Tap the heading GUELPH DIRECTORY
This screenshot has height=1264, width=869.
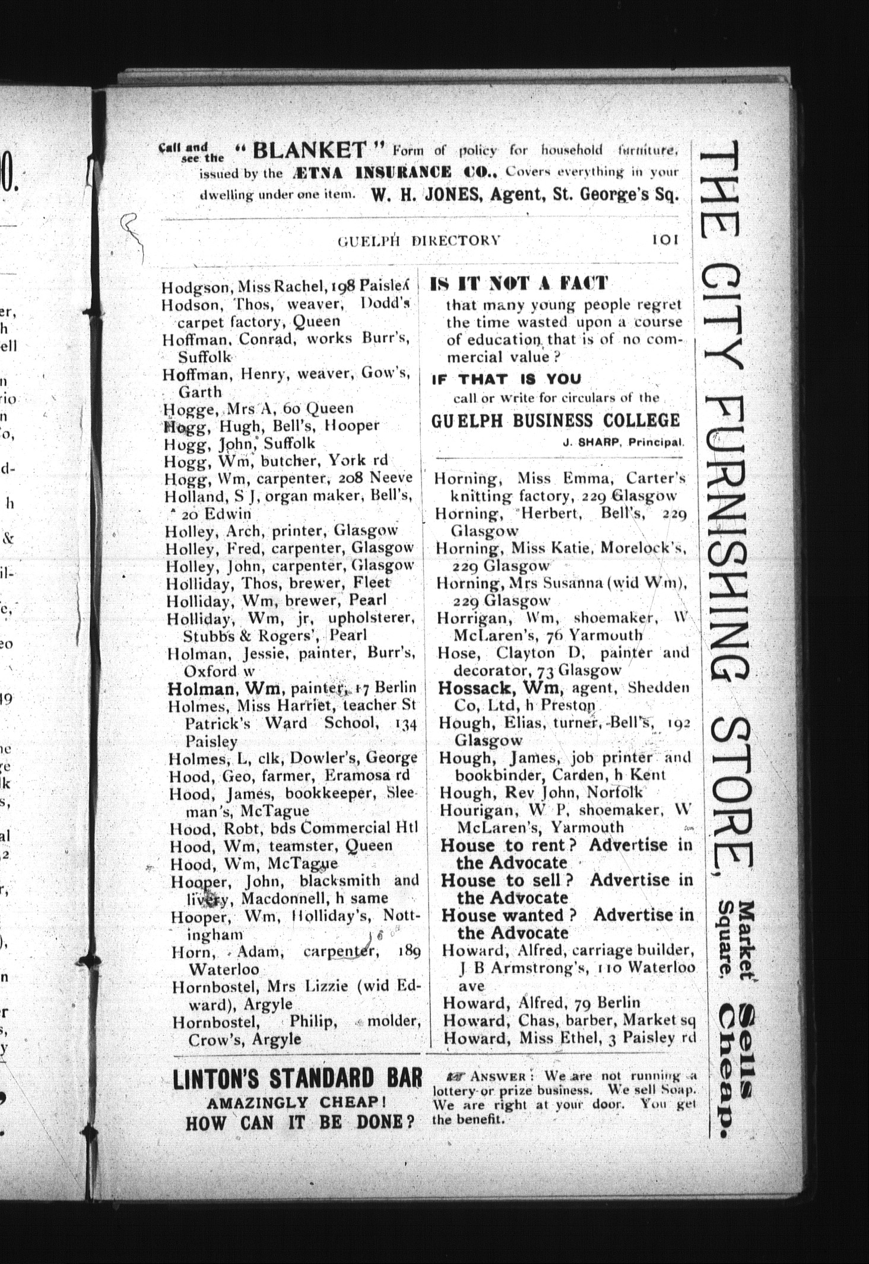click(419, 241)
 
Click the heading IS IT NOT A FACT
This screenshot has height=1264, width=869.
click(519, 284)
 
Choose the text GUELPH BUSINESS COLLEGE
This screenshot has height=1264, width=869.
click(555, 421)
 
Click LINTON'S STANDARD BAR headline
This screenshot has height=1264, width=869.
click(297, 1079)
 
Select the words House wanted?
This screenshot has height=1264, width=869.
click(510, 915)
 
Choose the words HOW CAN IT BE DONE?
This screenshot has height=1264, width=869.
click(299, 1124)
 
